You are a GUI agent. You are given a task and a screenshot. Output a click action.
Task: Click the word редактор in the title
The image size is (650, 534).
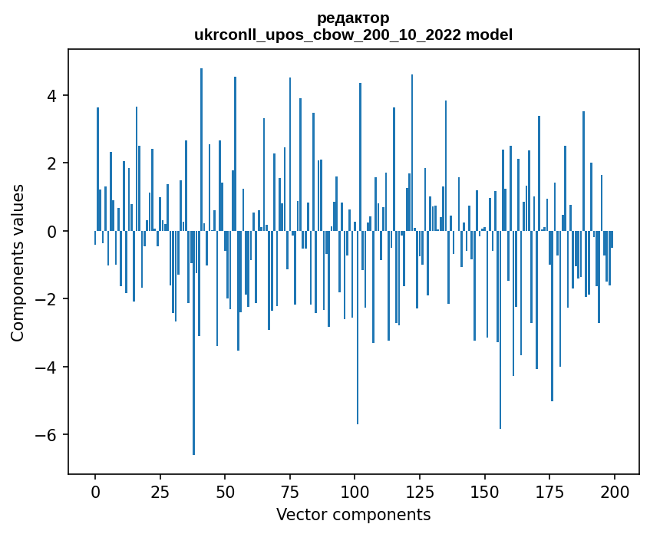pyautogui.click(x=353, y=18)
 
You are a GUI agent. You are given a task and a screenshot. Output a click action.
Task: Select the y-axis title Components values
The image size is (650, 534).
pyautogui.click(x=18, y=262)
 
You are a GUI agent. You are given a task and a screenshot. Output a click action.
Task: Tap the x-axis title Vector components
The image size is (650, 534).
pyautogui.click(x=353, y=514)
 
